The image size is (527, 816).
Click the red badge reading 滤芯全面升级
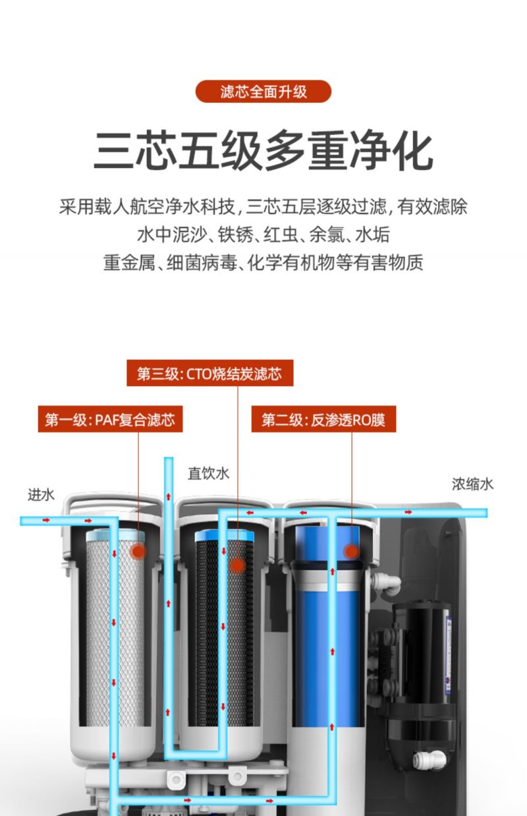[x=263, y=92]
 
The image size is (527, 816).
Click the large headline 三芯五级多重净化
[x=263, y=150]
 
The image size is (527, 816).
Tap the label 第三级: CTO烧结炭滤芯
[x=209, y=373]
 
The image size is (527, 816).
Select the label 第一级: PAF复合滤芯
[x=111, y=419]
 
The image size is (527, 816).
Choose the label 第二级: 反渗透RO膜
[x=323, y=419]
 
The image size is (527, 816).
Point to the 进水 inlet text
[x=41, y=495]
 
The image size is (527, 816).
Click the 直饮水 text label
[x=208, y=473]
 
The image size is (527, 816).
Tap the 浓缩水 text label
[x=472, y=484]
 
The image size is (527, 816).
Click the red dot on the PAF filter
[x=138, y=551]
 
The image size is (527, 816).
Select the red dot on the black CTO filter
[x=238, y=566]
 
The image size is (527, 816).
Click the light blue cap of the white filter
[x=115, y=535]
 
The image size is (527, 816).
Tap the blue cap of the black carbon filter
[x=225, y=536]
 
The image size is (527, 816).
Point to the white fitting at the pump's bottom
[x=429, y=759]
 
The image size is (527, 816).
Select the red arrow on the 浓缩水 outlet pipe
[x=408, y=512]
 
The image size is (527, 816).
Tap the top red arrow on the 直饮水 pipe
[x=168, y=496]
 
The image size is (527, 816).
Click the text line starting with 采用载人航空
[x=263, y=206]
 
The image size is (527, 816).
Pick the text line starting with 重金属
[x=263, y=262]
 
